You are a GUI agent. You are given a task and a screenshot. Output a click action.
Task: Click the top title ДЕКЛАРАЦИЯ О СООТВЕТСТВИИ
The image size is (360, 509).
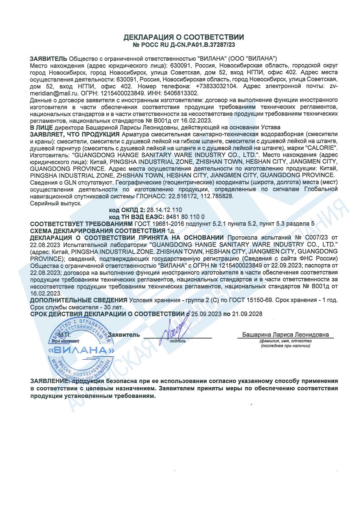184,37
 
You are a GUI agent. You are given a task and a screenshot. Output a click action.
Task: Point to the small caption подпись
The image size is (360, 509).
178,340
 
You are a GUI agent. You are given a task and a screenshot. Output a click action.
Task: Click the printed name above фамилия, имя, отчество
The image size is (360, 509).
285,335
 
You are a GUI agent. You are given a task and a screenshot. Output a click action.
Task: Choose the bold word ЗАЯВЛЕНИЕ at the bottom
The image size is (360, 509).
48,381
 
